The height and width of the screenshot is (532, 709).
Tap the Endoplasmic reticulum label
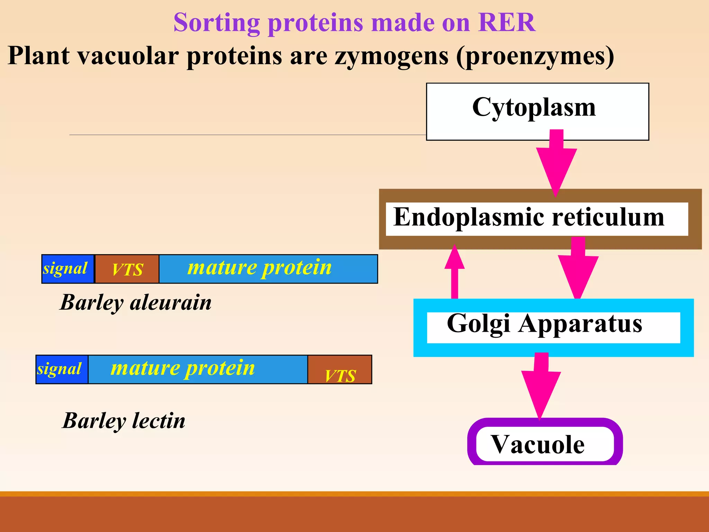click(529, 218)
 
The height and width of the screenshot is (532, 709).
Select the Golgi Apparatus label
click(545, 324)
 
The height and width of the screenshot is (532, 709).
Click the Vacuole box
click(539, 445)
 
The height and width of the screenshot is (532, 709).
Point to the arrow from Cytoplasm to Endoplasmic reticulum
click(556, 163)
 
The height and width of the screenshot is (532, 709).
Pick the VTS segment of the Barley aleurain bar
click(127, 269)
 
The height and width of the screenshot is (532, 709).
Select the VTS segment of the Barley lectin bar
click(340, 370)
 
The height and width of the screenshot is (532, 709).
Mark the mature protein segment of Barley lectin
click(197, 369)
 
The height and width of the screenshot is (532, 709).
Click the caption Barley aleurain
click(136, 302)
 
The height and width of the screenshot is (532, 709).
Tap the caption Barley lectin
click(124, 421)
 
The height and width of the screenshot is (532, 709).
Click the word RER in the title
click(507, 23)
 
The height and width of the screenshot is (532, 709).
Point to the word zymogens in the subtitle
click(391, 56)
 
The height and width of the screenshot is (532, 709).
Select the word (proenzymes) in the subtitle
click(535, 56)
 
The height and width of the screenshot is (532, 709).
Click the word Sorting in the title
click(216, 23)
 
